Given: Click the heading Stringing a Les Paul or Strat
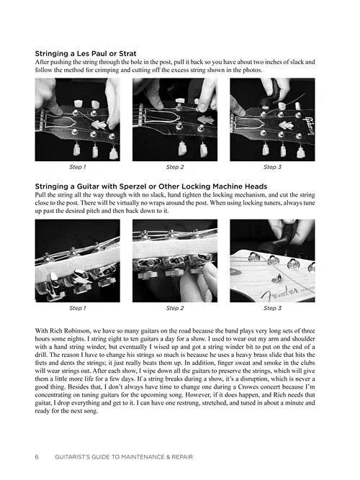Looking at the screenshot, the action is pyautogui.click(x=86, y=53).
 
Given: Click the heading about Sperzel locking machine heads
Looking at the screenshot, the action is pyautogui.click(x=151, y=186).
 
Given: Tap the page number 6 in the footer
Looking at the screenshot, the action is pyautogui.click(x=37, y=457).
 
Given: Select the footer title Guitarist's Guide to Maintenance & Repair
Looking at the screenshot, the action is pyautogui.click(x=124, y=457).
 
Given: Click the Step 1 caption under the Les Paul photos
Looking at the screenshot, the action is pyautogui.click(x=78, y=167).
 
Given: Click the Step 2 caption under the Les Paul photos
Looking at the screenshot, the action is pyautogui.click(x=175, y=167).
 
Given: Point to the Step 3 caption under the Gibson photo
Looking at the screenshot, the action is pyautogui.click(x=272, y=167).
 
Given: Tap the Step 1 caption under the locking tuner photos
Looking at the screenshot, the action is pyautogui.click(x=78, y=308).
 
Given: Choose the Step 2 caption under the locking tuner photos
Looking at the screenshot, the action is pyautogui.click(x=175, y=308).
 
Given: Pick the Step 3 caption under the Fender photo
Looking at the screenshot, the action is pyautogui.click(x=272, y=308).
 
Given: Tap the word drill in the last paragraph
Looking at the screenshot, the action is pyautogui.click(x=41, y=355).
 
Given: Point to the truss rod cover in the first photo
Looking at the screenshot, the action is pyautogui.click(x=60, y=122).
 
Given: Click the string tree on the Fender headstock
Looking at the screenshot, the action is pyautogui.click(x=278, y=278).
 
